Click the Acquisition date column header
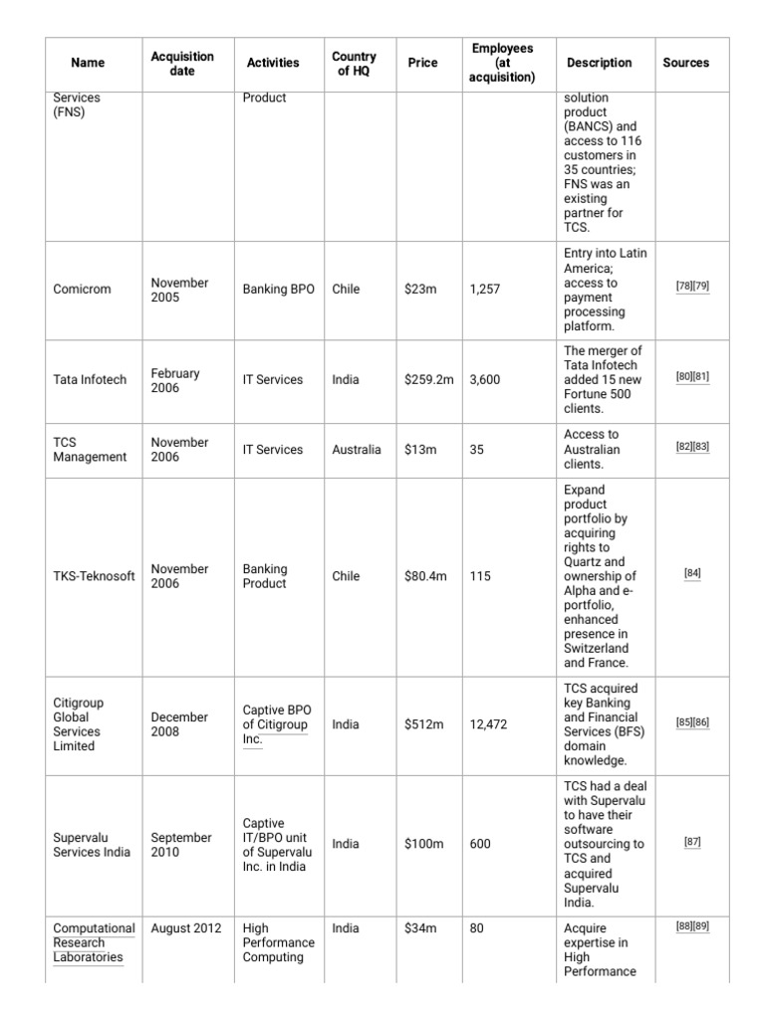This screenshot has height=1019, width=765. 181,63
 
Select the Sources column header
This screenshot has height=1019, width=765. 685,63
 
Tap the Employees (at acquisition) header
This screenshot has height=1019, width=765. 502,63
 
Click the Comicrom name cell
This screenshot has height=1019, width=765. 82,290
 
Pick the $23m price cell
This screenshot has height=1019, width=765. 420,290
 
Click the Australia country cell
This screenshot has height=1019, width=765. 357,450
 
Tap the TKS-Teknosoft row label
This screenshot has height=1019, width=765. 94,576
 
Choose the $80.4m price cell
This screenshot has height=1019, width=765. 425,576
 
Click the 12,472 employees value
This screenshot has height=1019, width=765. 488,724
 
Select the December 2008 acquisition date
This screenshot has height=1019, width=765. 179,724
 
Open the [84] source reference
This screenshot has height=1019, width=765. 692,573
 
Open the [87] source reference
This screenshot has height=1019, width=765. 692,842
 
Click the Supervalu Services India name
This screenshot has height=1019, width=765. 91,845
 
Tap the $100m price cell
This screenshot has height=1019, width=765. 423,845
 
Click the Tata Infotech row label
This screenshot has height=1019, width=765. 90,380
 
